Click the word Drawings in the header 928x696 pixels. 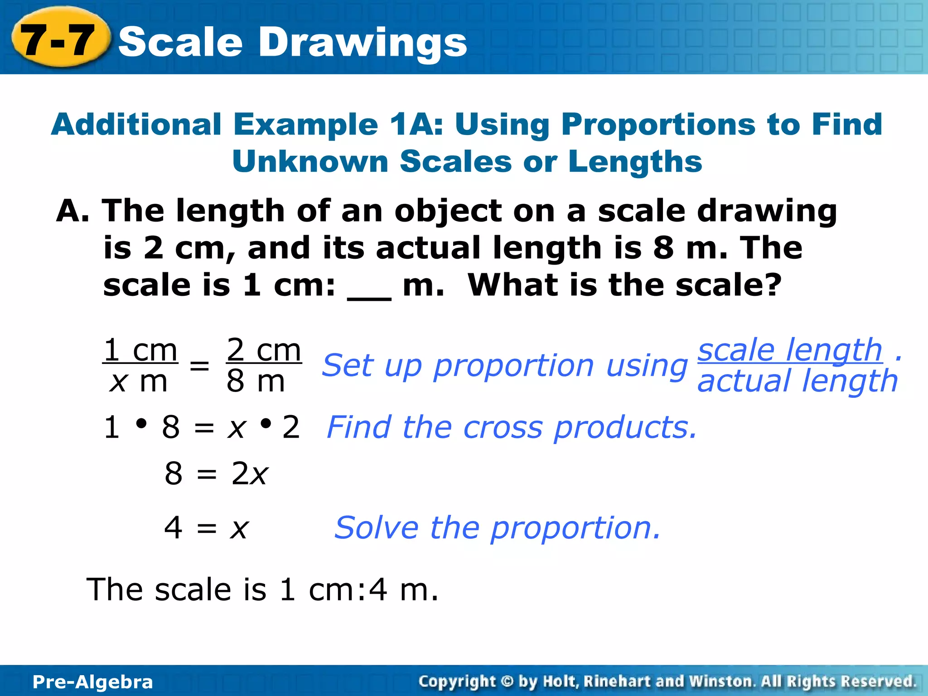pos(362,42)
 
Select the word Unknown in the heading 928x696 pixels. pos(310,162)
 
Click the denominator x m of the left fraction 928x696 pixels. pos(139,382)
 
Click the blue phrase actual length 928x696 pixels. pos(797,381)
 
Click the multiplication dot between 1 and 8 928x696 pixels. pos(141,424)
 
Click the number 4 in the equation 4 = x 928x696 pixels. pos(174,527)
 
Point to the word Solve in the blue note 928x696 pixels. pos(376,528)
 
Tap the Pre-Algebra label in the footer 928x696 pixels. pos(93,682)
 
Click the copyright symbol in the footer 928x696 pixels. pos(507,681)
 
